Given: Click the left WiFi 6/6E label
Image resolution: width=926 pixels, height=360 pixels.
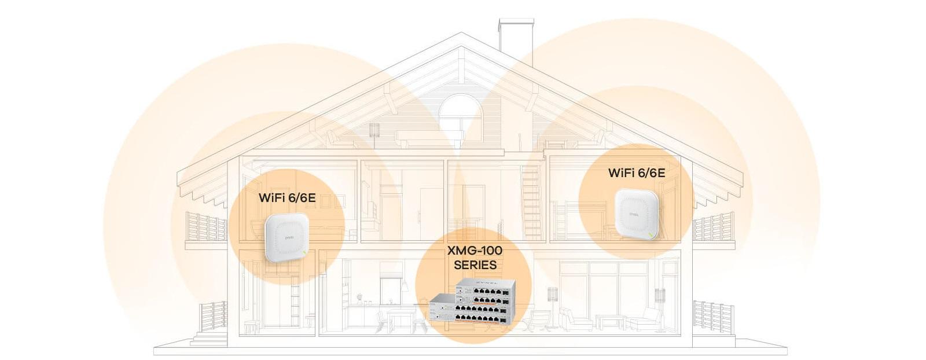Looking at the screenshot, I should (x=287, y=197).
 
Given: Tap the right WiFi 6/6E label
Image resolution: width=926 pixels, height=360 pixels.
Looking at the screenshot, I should (x=636, y=172).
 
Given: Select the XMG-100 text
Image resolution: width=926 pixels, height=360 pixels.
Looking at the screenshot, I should (x=475, y=251).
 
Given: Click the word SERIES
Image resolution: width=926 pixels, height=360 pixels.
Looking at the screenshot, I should (x=475, y=265).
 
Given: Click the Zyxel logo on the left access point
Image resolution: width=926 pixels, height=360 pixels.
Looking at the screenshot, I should (x=289, y=236).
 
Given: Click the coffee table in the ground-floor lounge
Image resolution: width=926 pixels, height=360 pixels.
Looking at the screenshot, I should (x=609, y=321).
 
